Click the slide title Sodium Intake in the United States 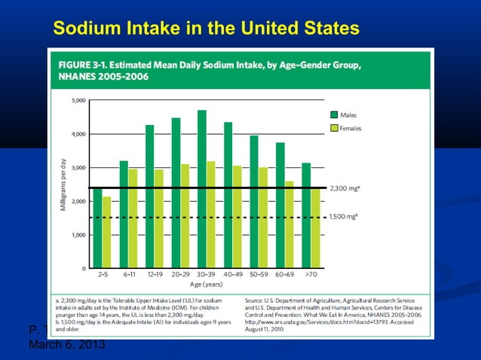point(206,29)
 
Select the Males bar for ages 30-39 point(202,188)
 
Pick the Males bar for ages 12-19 point(150,196)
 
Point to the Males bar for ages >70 point(306,215)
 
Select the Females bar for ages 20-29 point(185,215)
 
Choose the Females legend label point(351,129)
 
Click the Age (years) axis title point(207,285)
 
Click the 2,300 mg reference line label point(346,187)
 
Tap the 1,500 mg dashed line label point(346,217)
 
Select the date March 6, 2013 point(66,344)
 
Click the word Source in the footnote point(255,299)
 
